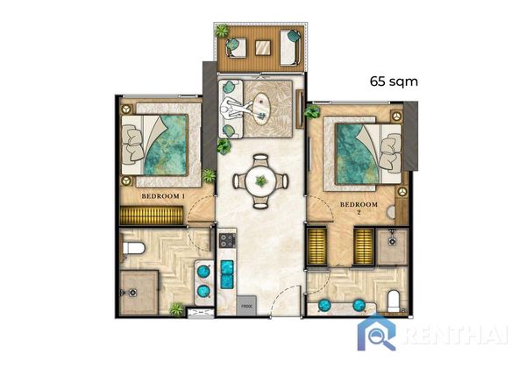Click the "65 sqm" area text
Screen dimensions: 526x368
point(394,81)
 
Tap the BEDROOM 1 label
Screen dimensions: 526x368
point(163,196)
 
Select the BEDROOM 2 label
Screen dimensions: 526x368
point(359,208)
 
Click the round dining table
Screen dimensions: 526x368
point(260,181)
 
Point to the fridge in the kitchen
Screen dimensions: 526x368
point(246,306)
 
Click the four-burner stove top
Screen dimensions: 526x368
point(227,240)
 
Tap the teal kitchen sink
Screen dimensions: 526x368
point(227,274)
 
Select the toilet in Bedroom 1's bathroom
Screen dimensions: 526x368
point(133,249)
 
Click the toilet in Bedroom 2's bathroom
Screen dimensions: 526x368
point(393,301)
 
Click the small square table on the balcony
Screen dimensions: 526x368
point(262,47)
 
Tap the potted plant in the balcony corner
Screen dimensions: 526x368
point(222,32)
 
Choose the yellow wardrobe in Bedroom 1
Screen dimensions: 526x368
point(152,216)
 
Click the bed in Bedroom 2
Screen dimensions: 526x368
point(368,154)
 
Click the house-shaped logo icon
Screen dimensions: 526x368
point(377,333)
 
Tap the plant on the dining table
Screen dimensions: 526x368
point(260,181)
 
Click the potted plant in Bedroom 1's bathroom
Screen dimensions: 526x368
point(176,309)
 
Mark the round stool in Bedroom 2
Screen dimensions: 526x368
point(392,212)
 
